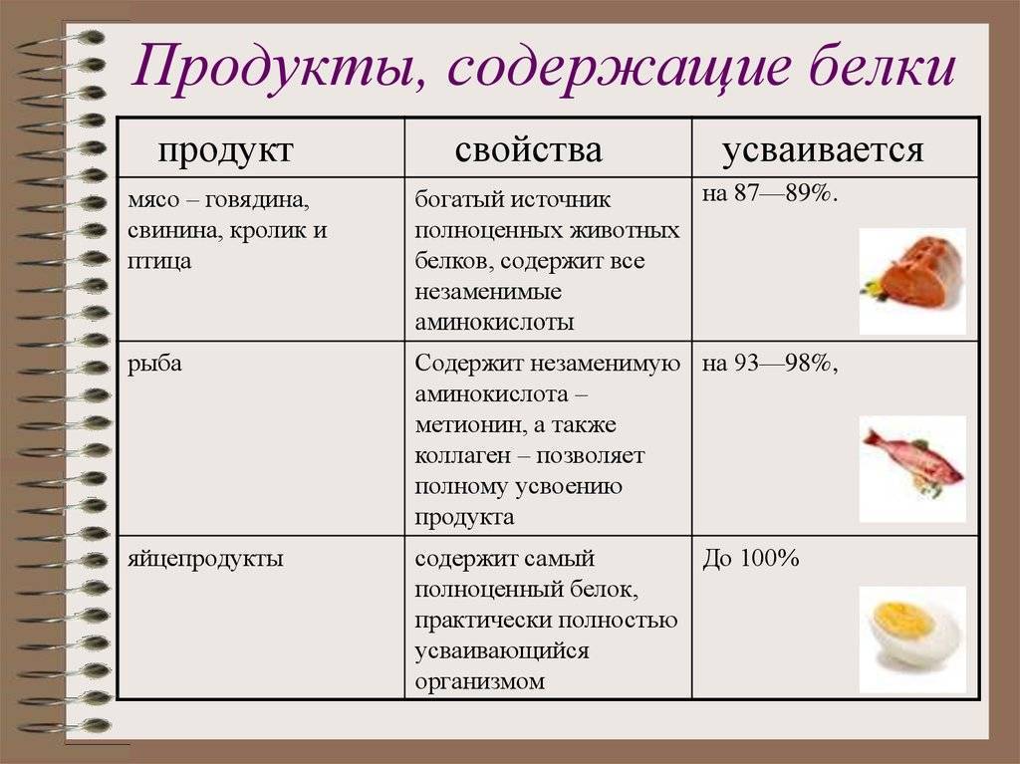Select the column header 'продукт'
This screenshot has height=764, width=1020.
click(226, 150)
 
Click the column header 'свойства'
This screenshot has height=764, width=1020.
click(528, 149)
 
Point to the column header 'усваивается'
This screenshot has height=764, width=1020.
click(823, 149)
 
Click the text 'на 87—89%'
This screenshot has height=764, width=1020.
click(767, 193)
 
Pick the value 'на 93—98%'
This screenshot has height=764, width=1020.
click(767, 364)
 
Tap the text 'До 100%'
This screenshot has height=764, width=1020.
click(751, 559)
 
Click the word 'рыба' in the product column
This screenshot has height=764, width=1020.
click(154, 365)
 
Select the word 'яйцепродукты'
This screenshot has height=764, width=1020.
click(205, 560)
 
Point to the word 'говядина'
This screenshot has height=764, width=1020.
click(257, 200)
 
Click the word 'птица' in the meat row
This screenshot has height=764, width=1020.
click(159, 262)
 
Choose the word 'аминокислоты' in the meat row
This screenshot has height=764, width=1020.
click(494, 322)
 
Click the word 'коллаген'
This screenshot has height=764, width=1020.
click(463, 455)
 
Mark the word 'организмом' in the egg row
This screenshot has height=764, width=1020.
click(479, 682)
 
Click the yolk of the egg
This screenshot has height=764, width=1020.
click(904, 619)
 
